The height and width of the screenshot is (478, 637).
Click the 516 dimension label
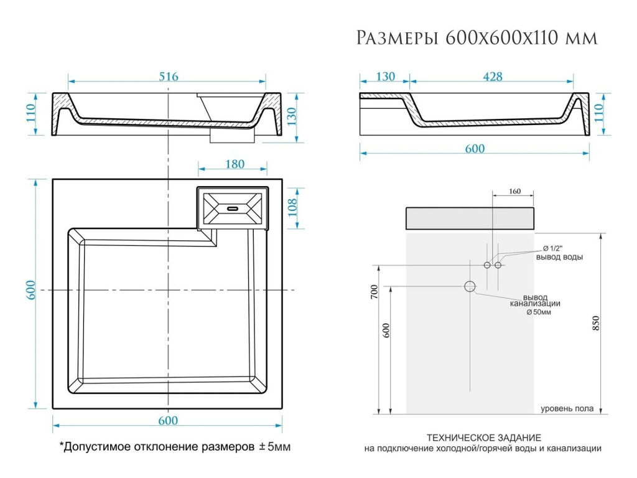tap(168, 77)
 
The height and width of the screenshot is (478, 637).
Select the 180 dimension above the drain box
tap(234, 164)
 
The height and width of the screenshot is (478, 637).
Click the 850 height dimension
tap(595, 324)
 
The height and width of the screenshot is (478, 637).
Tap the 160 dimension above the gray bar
tap(514, 192)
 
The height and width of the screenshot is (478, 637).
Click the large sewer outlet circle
tap(470, 286)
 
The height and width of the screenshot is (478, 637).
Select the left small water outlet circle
tap(488, 265)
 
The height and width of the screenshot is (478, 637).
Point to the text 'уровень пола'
tap(566, 409)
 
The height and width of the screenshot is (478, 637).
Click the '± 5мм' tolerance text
tap(274, 447)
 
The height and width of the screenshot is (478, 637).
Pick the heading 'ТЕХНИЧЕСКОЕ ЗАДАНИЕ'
tap(483, 438)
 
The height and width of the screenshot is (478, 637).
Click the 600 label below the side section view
tap(474, 149)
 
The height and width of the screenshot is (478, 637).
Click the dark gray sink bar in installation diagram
tap(470, 218)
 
